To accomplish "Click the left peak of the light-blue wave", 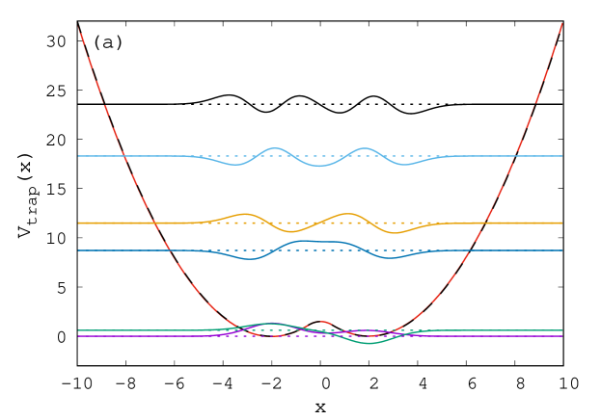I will coord(276,148).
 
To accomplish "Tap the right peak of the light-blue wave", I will coord(364,148).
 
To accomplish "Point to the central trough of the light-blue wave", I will coord(320,166).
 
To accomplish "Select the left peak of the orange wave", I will coord(245,214).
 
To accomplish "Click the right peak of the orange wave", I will coord(347,214).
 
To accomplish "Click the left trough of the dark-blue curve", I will coord(250,259).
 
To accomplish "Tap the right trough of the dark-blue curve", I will coord(390,259).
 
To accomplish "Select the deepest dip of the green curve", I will coord(369,343).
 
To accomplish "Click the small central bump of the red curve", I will coord(320,322).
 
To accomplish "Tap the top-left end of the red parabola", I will coord(79,27).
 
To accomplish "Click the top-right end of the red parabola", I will coord(562,22).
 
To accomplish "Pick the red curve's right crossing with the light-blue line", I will coord(518,156).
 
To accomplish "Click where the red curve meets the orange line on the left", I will coord(154,223).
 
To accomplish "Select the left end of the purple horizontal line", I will coord(79,336).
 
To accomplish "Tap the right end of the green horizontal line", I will coord(562,330).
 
